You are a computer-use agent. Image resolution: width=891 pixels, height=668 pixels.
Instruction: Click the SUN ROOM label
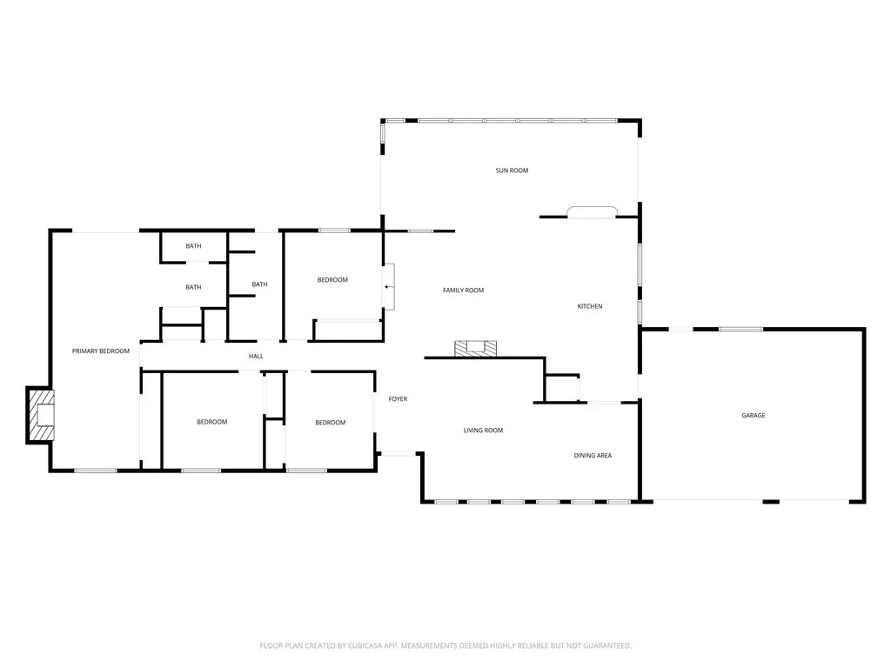click(512, 170)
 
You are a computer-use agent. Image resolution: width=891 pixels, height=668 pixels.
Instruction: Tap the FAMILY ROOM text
click(463, 291)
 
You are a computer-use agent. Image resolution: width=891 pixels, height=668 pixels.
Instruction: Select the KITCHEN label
click(590, 306)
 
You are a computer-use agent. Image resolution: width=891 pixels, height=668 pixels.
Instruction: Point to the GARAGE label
click(753, 416)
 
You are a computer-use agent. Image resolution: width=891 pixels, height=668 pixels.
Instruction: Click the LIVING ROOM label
click(483, 431)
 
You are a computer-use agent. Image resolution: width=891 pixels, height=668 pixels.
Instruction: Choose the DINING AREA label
click(593, 455)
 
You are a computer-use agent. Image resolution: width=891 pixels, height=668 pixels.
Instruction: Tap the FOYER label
click(398, 399)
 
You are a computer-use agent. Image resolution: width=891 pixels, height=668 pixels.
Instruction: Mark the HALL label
click(256, 357)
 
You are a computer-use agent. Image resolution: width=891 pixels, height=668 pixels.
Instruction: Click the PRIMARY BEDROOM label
click(100, 351)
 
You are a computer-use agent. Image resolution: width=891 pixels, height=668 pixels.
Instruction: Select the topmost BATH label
click(193, 246)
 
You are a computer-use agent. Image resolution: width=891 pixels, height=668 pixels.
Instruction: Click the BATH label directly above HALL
click(259, 284)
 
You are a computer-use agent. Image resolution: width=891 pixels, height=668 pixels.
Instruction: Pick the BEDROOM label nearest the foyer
click(330, 423)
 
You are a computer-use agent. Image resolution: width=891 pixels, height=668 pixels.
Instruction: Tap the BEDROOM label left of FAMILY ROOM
click(332, 280)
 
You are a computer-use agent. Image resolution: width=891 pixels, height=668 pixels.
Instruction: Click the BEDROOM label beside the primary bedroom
click(211, 422)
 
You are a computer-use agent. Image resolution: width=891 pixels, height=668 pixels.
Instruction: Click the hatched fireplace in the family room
click(476, 348)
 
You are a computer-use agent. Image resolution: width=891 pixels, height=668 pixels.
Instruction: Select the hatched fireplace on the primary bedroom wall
click(41, 414)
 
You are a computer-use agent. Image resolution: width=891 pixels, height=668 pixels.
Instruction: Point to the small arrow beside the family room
click(386, 285)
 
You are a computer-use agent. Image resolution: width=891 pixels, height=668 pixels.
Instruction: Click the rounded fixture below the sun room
click(592, 211)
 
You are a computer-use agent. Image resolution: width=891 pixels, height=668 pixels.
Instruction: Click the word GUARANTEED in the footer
click(604, 645)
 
